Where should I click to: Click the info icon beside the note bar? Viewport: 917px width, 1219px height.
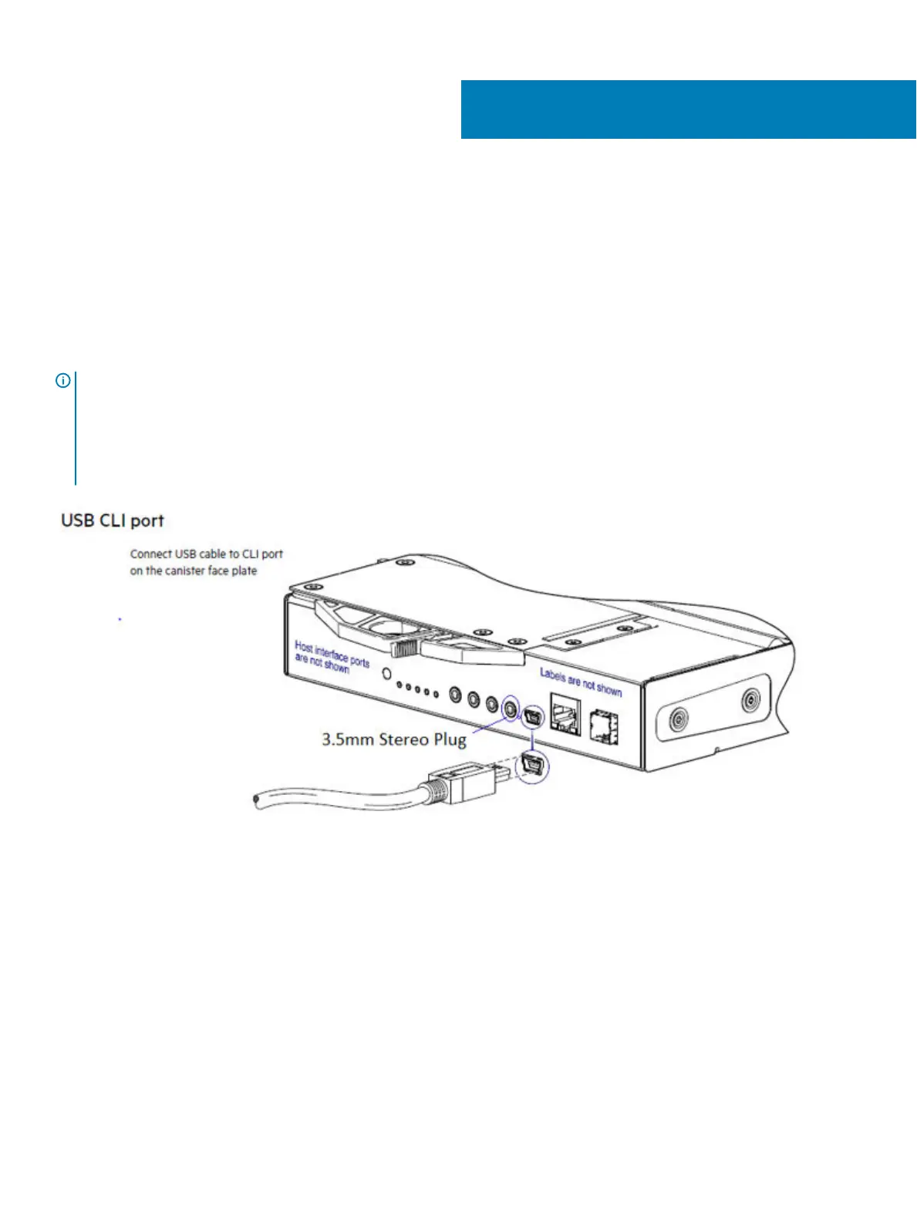[x=63, y=380]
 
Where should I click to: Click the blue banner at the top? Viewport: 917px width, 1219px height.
[x=688, y=109]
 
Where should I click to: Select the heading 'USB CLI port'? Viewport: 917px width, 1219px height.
[x=113, y=520]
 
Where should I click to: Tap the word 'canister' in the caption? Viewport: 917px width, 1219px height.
[x=184, y=571]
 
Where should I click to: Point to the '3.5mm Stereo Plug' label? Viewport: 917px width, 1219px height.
[x=394, y=739]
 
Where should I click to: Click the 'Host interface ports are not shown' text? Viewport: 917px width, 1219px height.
[x=331, y=657]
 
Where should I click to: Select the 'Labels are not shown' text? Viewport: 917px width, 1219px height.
[x=580, y=682]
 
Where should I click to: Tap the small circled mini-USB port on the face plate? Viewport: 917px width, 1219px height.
[x=532, y=718]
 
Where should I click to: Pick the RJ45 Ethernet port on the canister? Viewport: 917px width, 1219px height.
[x=565, y=713]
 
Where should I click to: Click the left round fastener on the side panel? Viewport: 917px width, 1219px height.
[x=677, y=719]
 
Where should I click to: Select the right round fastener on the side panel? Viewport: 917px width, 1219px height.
[x=750, y=701]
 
